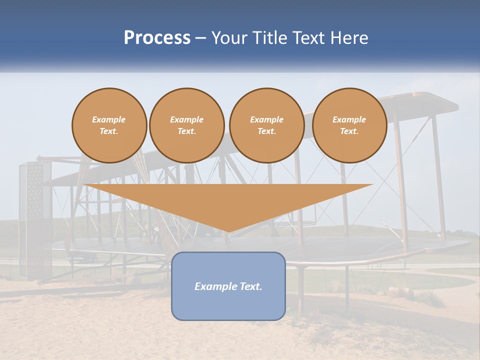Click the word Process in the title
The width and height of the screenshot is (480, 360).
(157, 38)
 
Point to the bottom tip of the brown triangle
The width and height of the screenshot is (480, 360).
(228, 231)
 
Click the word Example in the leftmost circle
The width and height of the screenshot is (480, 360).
(109, 119)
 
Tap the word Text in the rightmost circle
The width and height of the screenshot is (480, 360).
(349, 131)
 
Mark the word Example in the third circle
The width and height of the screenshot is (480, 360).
(266, 119)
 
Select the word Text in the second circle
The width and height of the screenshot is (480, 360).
(186, 131)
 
